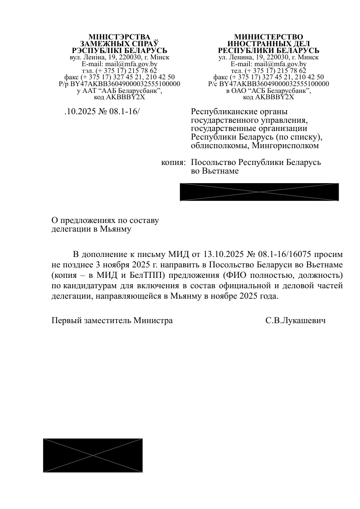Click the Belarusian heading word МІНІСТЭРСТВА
click(119, 37)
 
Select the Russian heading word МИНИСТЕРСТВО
click(268, 37)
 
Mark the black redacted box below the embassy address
click(259, 192)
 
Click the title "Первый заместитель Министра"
click(112, 320)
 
